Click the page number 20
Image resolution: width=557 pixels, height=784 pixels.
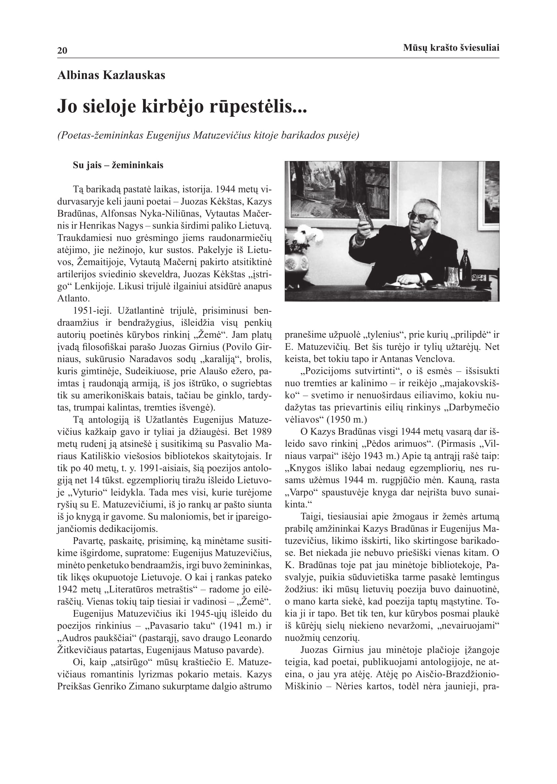62,51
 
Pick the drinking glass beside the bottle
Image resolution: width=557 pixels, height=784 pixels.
452,276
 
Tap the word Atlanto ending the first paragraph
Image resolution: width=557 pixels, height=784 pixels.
73,298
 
